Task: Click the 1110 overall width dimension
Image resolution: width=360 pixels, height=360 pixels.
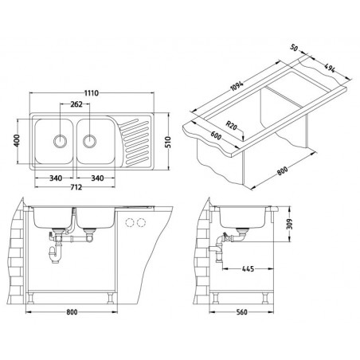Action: click(x=92, y=93)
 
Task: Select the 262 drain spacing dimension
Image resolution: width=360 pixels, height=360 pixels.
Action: click(x=76, y=104)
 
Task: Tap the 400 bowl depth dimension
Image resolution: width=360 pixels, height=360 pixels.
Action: click(x=17, y=141)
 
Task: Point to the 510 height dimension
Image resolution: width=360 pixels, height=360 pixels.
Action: click(x=168, y=142)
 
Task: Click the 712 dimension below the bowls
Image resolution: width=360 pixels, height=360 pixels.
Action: click(x=76, y=187)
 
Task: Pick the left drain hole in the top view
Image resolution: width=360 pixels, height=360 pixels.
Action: click(x=61, y=141)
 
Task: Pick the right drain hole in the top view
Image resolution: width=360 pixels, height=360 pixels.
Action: click(x=89, y=141)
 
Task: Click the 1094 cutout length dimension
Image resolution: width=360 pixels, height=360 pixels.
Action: click(x=236, y=86)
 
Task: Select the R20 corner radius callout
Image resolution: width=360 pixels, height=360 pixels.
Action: click(x=232, y=125)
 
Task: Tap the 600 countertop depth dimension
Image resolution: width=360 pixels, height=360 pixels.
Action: click(x=216, y=135)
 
